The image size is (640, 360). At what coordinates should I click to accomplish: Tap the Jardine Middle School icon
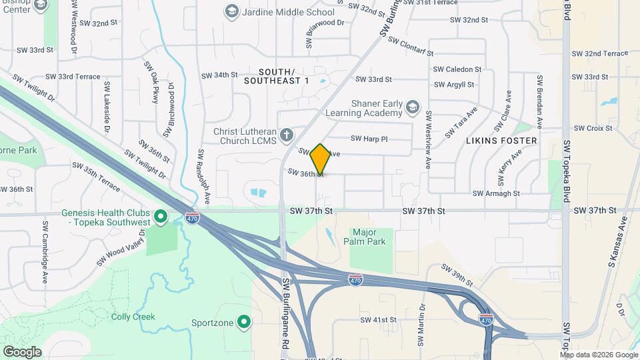(x=231, y=11)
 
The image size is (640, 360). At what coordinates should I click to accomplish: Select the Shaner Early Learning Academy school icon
(x=413, y=107)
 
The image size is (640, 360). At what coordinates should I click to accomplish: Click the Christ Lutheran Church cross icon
(x=287, y=136)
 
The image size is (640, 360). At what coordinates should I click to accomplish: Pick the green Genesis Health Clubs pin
(x=160, y=217)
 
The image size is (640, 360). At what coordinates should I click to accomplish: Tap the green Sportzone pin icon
(x=245, y=323)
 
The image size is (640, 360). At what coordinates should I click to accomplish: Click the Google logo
(x=22, y=351)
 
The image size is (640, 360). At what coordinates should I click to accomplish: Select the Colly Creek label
(x=133, y=317)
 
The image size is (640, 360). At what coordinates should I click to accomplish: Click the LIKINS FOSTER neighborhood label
(x=501, y=141)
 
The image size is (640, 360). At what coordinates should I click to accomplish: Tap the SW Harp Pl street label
(x=369, y=139)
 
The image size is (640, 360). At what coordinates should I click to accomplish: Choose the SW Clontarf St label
(x=411, y=47)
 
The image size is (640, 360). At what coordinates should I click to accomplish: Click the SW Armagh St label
(x=496, y=193)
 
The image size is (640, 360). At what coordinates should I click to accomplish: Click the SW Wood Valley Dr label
(x=121, y=248)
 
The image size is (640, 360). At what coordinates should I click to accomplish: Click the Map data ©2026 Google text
(x=597, y=354)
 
